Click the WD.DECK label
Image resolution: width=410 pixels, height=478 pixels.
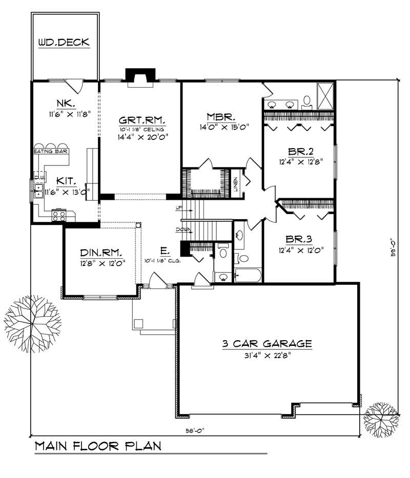[64, 43]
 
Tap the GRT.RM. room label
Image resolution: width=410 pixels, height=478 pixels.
[143, 120]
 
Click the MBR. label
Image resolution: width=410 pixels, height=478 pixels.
[221, 116]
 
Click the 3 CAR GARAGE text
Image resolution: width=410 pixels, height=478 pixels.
[266, 343]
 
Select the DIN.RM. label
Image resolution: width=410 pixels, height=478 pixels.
[101, 252]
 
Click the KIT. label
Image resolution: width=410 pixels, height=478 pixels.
[67, 181]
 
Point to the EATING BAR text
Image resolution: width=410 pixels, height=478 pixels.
[51, 152]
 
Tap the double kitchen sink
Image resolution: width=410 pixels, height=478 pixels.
[38, 191]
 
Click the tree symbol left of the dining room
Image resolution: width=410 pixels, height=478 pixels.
[30, 316]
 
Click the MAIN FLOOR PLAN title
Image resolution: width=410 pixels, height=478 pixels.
[98, 446]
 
